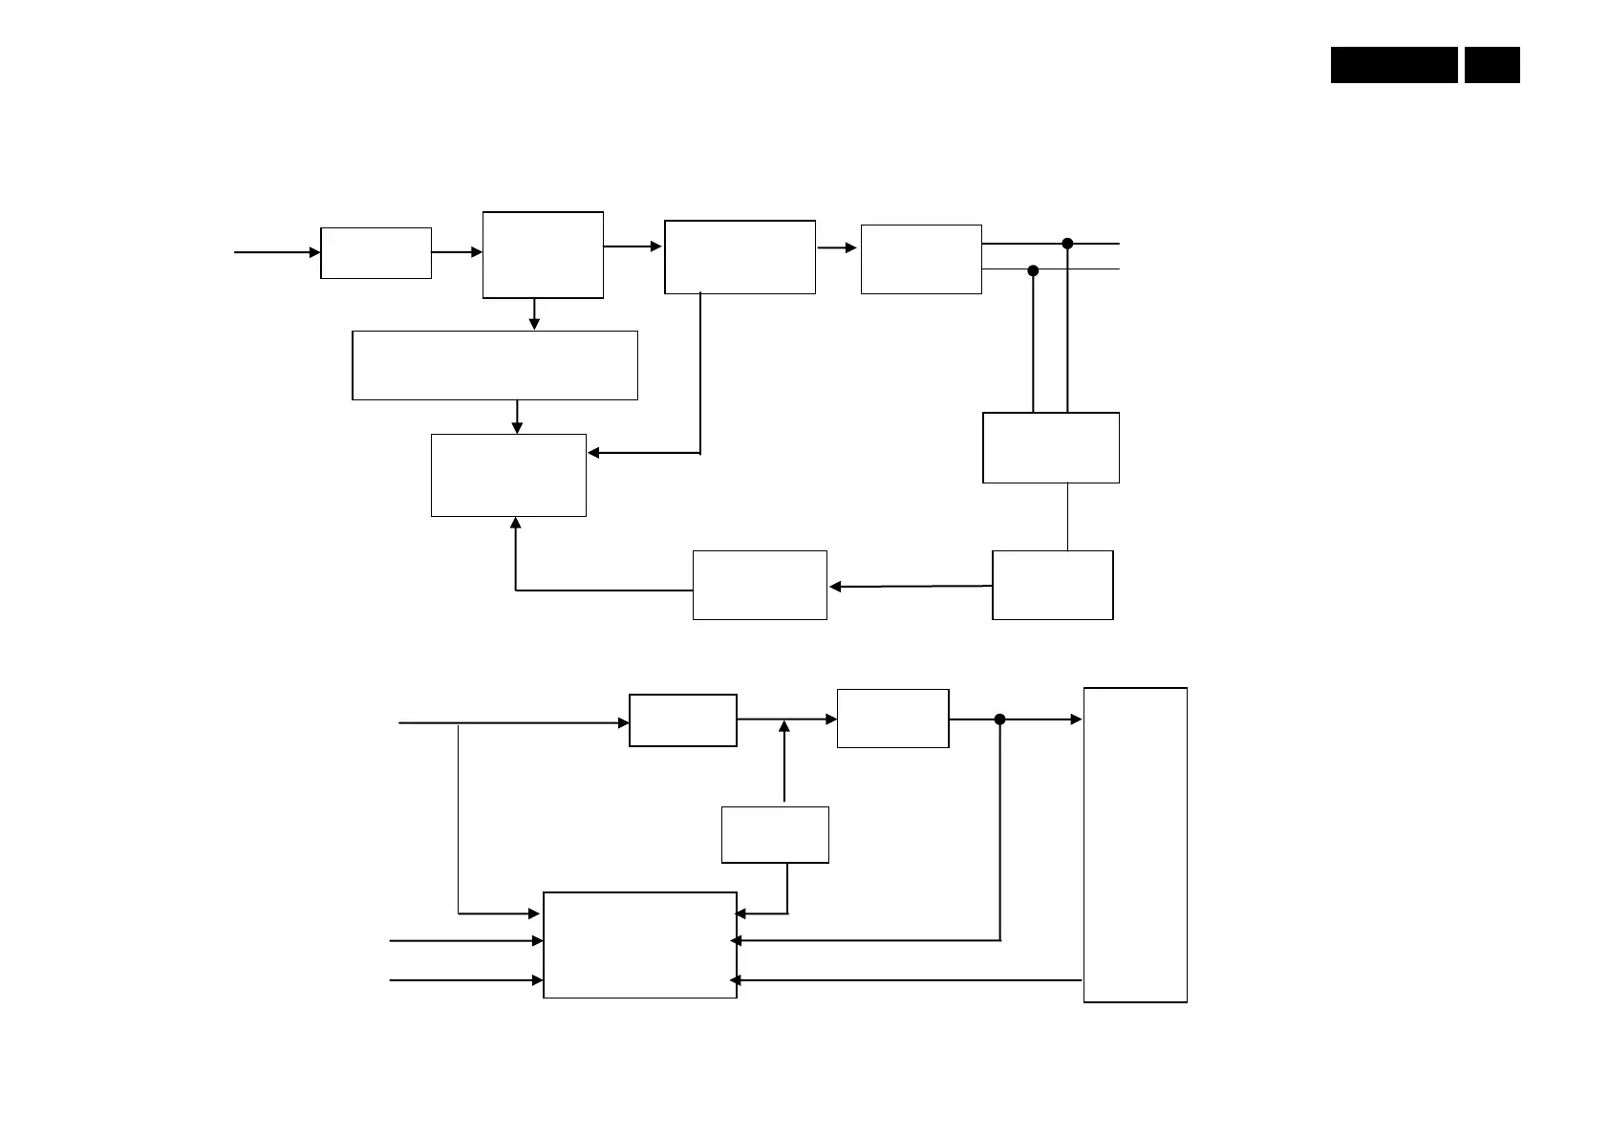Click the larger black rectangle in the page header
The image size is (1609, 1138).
[1394, 65]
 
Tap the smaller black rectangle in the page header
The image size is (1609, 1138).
[1491, 65]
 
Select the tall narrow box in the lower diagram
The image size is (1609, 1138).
[1135, 845]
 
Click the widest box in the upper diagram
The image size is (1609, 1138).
[495, 365]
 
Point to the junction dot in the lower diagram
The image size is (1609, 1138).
[999, 719]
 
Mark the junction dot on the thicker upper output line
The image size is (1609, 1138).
[1067, 244]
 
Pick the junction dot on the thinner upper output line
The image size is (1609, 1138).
[1033, 270]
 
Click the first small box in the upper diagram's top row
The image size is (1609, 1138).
[375, 253]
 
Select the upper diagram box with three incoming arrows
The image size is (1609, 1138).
[508, 475]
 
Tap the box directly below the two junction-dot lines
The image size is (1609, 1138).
[1051, 447]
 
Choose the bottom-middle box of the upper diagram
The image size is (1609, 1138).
[760, 585]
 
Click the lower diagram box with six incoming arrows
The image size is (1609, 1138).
[640, 945]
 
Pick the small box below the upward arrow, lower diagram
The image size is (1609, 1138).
[775, 835]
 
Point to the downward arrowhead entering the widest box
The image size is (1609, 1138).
[534, 325]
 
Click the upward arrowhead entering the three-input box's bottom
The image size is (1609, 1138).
[516, 523]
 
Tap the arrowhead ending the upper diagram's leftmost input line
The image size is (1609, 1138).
[314, 252]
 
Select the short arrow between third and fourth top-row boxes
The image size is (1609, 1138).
[837, 248]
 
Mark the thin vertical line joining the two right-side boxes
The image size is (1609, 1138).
[1067, 516]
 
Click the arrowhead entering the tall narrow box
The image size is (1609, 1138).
[1076, 719]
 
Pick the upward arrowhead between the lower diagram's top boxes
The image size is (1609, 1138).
[784, 726]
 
